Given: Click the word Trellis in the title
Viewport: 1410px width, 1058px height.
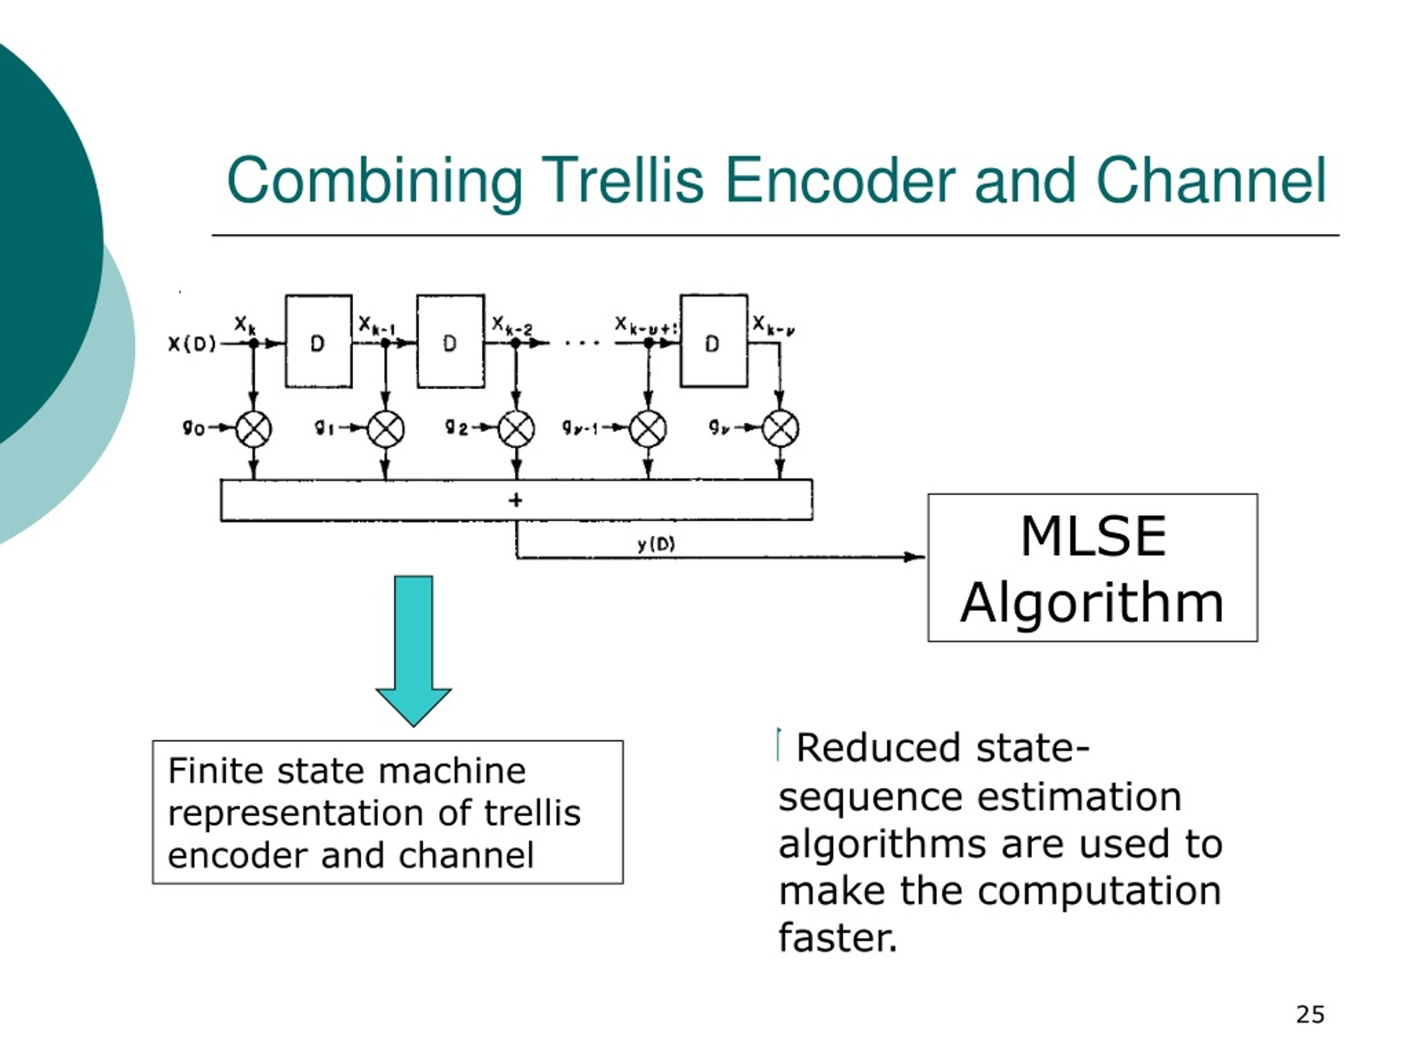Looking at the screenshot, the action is pyautogui.click(x=622, y=181).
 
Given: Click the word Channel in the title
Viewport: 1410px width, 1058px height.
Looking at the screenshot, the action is pyautogui.click(x=1211, y=181).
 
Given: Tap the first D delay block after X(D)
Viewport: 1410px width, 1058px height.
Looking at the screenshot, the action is pyautogui.click(x=318, y=341).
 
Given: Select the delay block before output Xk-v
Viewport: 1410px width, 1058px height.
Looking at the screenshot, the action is pyautogui.click(x=714, y=341).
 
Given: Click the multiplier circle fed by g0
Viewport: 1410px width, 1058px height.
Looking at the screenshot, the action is pyautogui.click(x=254, y=429).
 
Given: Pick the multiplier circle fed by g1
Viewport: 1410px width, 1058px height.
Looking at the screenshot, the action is pyautogui.click(x=386, y=429).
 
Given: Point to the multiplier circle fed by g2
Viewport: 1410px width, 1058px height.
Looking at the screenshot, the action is pyautogui.click(x=516, y=429).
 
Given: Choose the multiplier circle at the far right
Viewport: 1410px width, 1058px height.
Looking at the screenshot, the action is pyautogui.click(x=781, y=429).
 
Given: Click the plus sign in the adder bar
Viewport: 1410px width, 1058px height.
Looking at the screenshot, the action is pyautogui.click(x=516, y=500).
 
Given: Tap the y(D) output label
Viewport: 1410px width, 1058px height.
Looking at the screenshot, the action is pyautogui.click(x=656, y=544).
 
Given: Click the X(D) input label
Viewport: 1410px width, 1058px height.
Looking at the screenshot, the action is pyautogui.click(x=192, y=344).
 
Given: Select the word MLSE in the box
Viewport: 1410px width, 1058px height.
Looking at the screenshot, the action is pyautogui.click(x=1093, y=536).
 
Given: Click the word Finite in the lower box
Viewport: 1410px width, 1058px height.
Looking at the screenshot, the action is pyautogui.click(x=215, y=771).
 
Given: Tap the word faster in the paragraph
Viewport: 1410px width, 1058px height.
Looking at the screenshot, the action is pyautogui.click(x=838, y=937).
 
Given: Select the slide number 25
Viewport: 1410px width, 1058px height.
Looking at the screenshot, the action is pyautogui.click(x=1310, y=1014).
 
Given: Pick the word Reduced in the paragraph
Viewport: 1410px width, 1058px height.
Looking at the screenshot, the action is pyautogui.click(x=878, y=747).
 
